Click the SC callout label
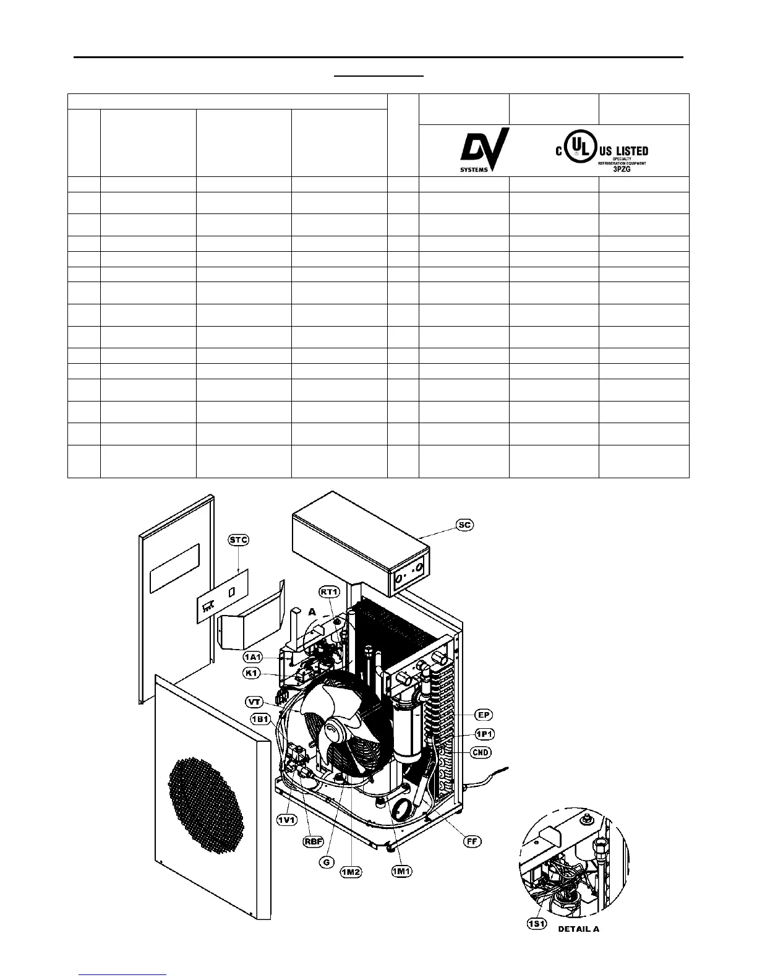[x=464, y=525]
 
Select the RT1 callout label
[x=330, y=591]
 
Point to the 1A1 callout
[x=252, y=656]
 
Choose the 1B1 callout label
[x=260, y=718]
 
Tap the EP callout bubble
[x=484, y=715]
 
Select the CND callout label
[x=481, y=752]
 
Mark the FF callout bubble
[x=471, y=841]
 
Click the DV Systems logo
[x=485, y=151]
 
